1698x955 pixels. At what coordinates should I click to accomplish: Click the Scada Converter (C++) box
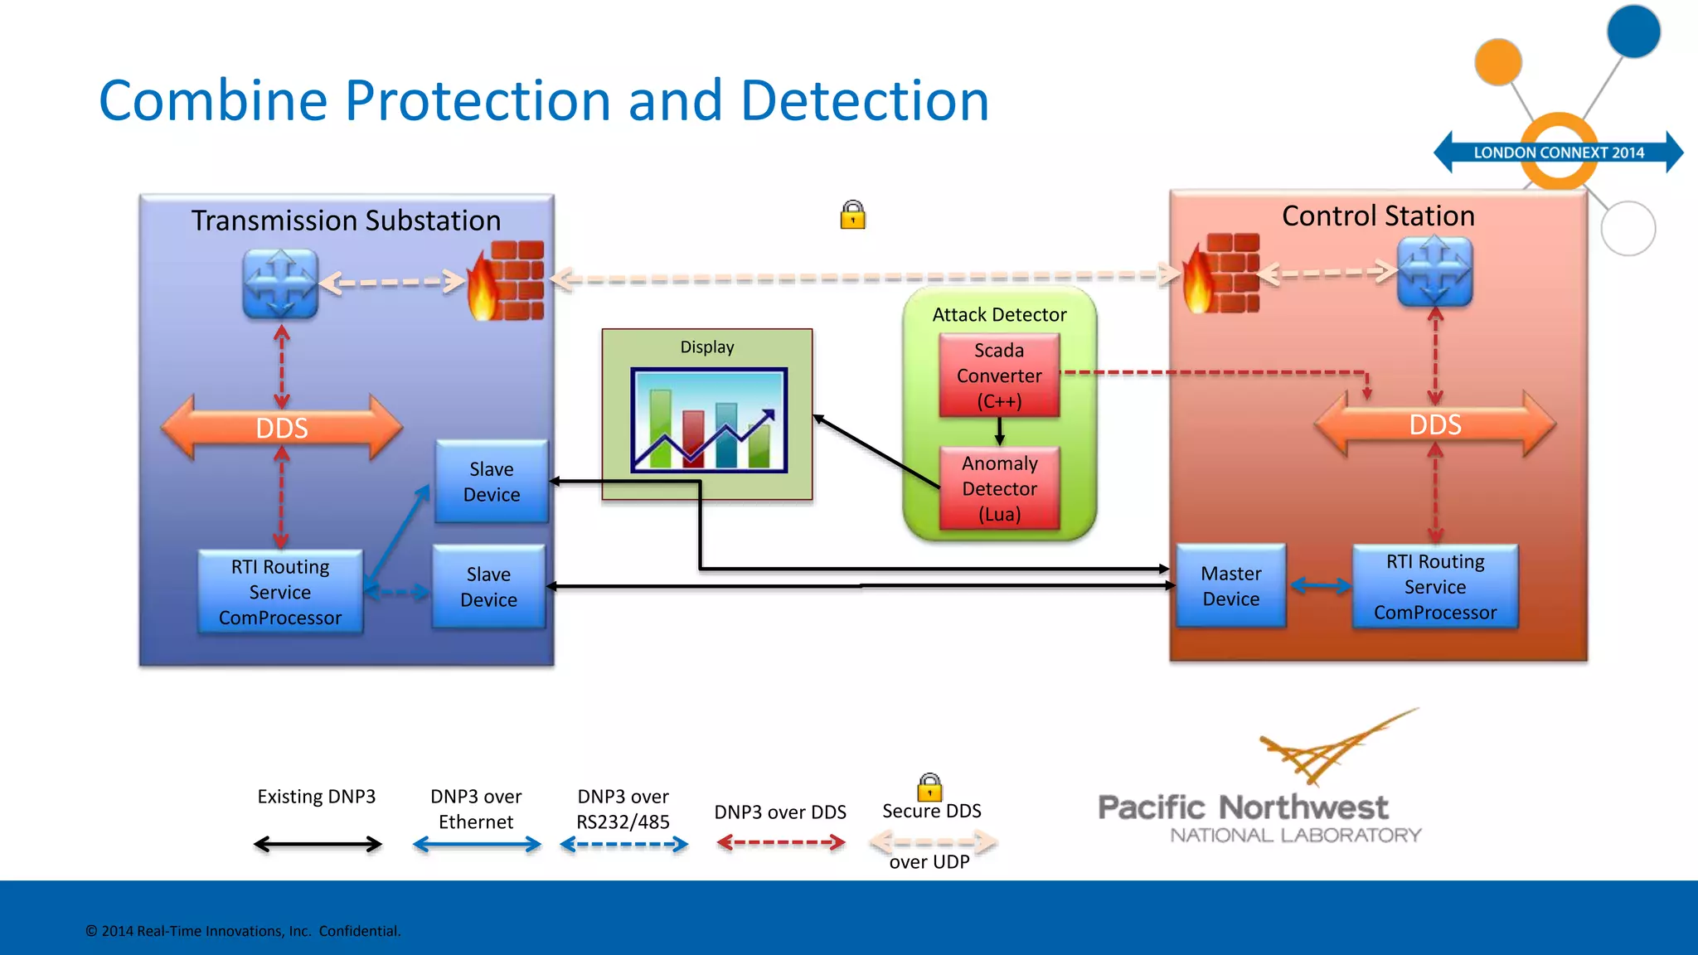(x=999, y=376)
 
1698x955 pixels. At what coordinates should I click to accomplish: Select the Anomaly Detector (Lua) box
(x=999, y=488)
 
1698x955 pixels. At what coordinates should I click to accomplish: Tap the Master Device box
(x=1231, y=586)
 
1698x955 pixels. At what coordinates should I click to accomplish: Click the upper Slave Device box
(x=492, y=482)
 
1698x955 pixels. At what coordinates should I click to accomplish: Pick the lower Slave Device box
(x=489, y=587)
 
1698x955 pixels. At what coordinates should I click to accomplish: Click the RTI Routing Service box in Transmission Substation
(x=280, y=593)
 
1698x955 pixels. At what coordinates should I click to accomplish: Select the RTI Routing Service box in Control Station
(x=1435, y=587)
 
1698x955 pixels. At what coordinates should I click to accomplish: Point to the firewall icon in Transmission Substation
(x=507, y=280)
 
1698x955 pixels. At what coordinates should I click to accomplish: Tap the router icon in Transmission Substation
(x=280, y=284)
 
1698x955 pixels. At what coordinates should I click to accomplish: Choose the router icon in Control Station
(x=1435, y=272)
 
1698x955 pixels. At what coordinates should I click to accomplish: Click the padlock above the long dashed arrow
(x=852, y=216)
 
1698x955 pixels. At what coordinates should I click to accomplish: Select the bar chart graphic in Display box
(x=709, y=421)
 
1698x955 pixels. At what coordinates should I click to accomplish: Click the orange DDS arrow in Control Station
(x=1435, y=424)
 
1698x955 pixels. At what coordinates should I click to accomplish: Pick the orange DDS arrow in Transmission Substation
(x=282, y=428)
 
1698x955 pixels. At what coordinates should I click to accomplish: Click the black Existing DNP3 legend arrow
(x=318, y=845)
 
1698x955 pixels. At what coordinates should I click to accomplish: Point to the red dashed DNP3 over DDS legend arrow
(x=780, y=843)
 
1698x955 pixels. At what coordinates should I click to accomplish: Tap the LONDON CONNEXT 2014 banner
(x=1558, y=153)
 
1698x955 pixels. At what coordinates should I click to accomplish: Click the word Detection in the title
(x=864, y=101)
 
